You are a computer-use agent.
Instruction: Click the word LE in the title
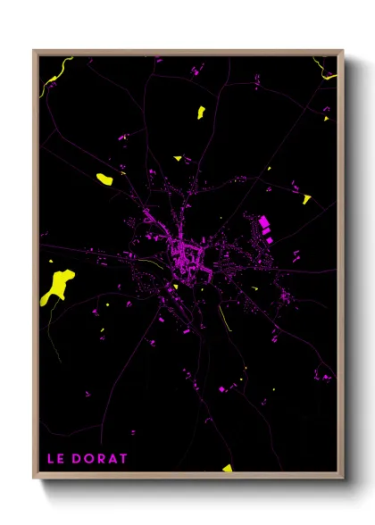click(55, 459)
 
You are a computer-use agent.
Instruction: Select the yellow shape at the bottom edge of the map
click(228, 468)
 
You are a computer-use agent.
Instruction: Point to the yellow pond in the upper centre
click(200, 112)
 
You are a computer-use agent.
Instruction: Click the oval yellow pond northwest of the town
click(104, 179)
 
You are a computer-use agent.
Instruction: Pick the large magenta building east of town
click(263, 221)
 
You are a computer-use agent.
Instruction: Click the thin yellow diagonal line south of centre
click(224, 317)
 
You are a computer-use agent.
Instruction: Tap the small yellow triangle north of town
click(178, 159)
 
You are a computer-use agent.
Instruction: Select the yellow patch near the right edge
click(306, 199)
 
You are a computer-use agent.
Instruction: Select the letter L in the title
click(50, 459)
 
